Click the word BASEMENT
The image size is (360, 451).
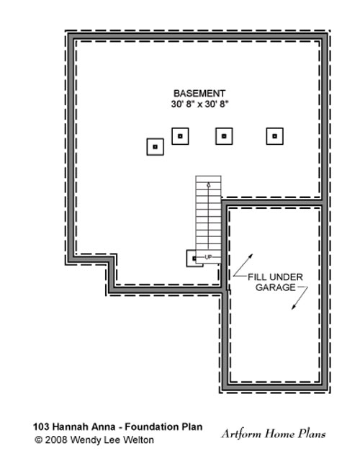point(199,94)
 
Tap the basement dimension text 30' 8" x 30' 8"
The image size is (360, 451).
point(200,104)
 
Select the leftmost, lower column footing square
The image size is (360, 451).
point(156,147)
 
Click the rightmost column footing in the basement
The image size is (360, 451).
point(274,136)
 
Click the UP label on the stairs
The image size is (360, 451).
point(208,257)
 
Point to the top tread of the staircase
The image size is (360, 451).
point(209,179)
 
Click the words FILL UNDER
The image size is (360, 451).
point(275,277)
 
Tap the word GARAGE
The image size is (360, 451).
point(276,287)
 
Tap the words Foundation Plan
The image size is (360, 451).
point(163,427)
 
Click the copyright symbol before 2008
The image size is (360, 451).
point(38,439)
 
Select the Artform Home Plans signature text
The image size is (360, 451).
point(274,434)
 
